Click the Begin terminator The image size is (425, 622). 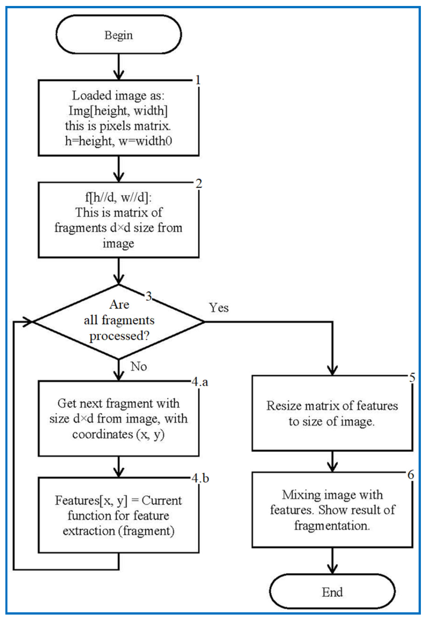coord(119,34)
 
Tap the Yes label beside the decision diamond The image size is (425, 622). coord(219,307)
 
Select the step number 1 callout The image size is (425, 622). coord(198,80)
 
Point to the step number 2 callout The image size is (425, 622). coord(198,183)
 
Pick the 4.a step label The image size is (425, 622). coord(200,382)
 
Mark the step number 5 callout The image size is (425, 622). coord(412,378)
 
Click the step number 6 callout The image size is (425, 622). coord(411,475)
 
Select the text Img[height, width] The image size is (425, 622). coord(118,111)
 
